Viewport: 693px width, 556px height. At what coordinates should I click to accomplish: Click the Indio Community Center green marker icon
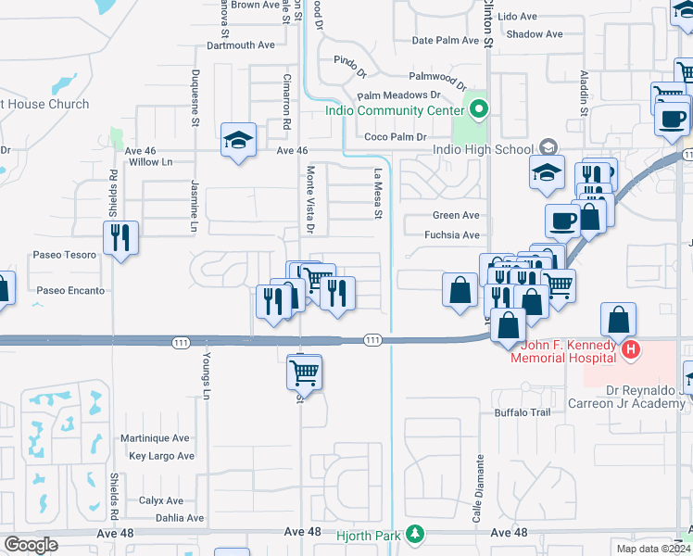coord(478,110)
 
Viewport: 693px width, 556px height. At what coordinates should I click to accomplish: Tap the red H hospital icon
coord(630,349)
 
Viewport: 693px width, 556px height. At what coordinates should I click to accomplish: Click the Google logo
coord(31,544)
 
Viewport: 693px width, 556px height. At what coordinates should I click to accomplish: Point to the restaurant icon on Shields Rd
coord(120,238)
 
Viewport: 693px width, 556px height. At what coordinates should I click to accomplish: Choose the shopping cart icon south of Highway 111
coord(305,373)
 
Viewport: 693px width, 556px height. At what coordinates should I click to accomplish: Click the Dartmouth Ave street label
coord(241,44)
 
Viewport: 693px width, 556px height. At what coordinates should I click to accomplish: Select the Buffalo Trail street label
coord(523,411)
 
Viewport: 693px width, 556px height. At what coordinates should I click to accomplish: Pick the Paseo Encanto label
coord(70,290)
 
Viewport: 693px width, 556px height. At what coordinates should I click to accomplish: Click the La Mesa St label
coord(378,195)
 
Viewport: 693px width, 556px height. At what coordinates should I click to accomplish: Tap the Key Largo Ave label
coord(161,456)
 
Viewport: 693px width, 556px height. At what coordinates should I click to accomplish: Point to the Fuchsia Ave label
coord(452,235)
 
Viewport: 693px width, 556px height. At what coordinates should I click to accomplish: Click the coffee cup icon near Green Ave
coord(563,221)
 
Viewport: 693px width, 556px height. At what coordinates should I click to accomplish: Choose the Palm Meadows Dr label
coord(398,95)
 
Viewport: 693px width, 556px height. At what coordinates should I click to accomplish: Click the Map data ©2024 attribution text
coord(650,549)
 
